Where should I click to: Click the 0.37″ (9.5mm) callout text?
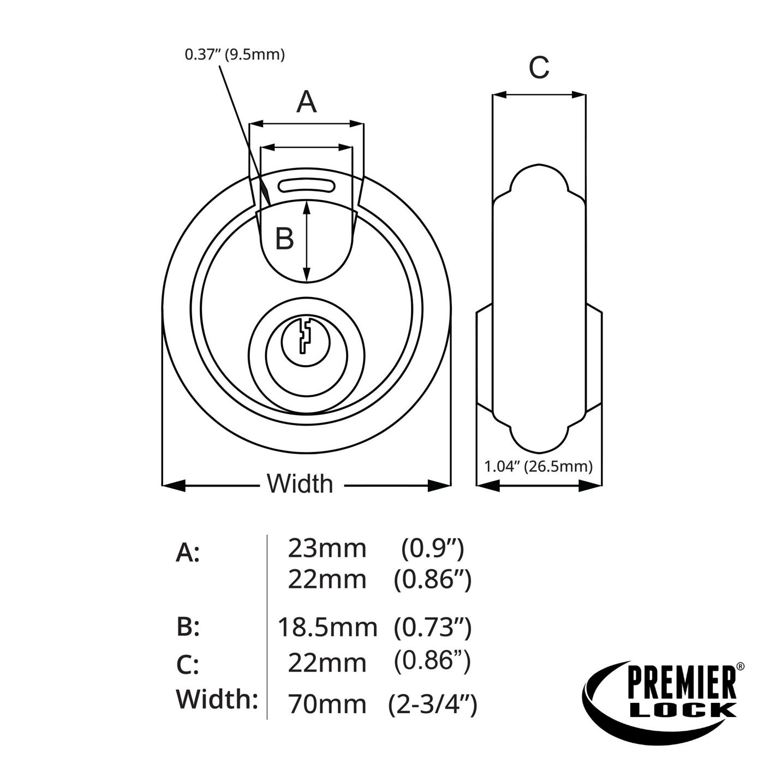click(235, 55)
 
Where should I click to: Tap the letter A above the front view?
click(307, 102)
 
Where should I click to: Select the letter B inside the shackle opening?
click(284, 238)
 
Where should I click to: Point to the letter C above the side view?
click(539, 67)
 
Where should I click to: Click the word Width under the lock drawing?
click(300, 484)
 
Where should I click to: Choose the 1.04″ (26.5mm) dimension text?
click(539, 466)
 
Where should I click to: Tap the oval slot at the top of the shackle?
click(307, 186)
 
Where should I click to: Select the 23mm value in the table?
click(327, 549)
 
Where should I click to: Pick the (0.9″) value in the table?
click(432, 550)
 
